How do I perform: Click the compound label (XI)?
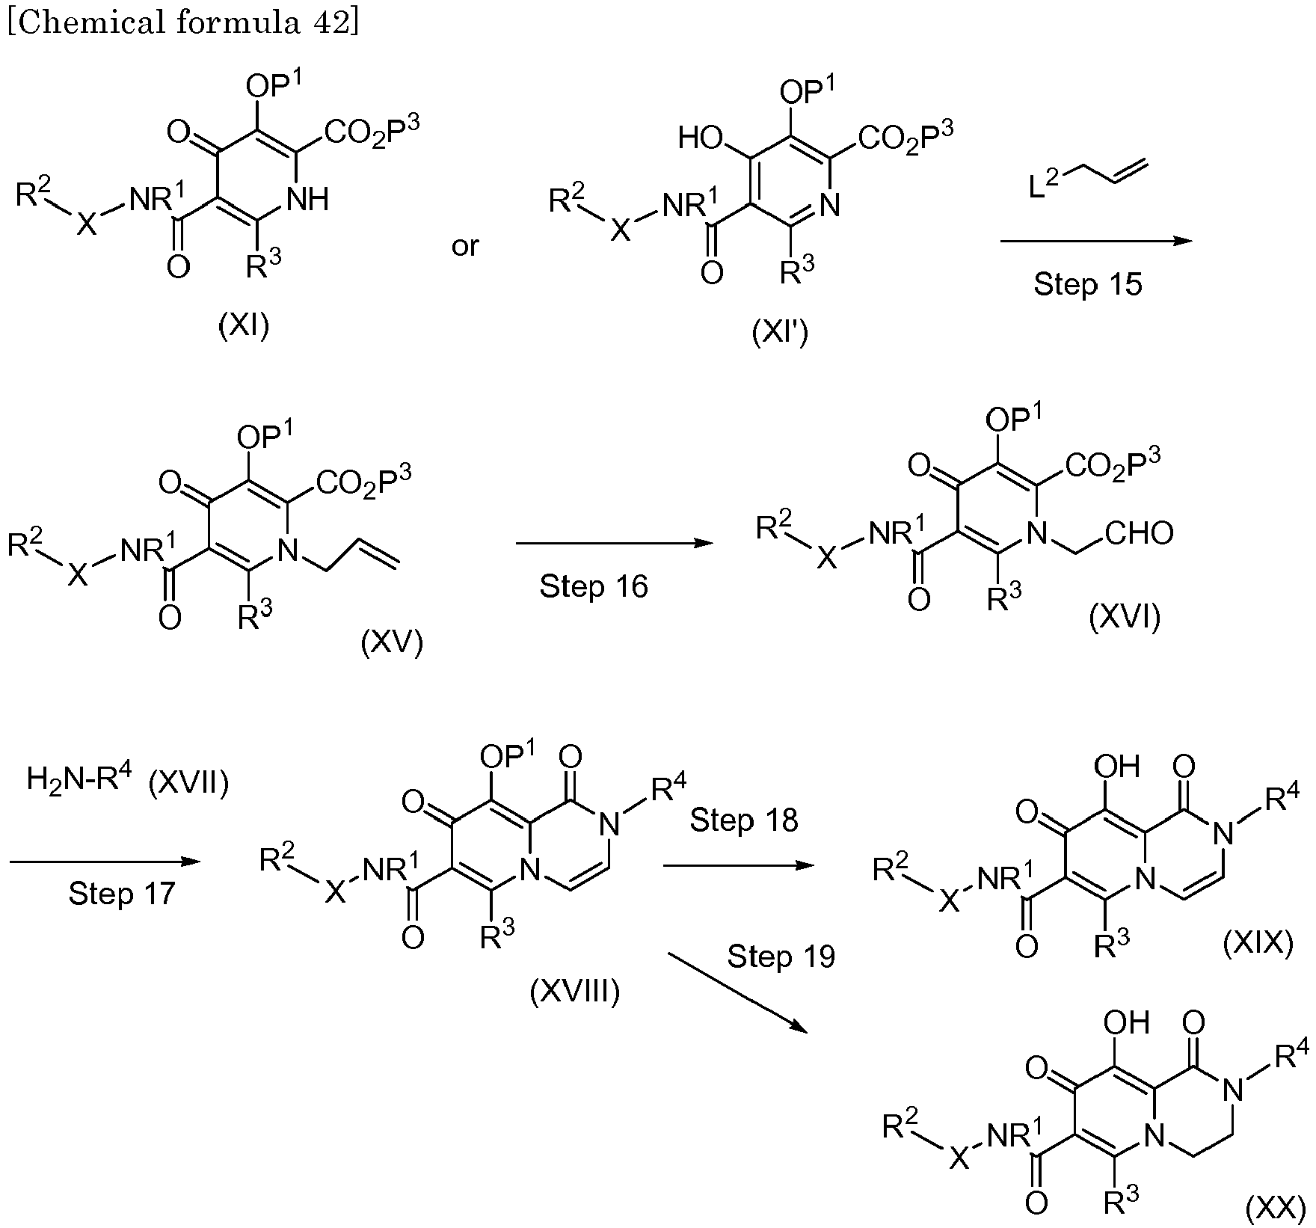pos(244,326)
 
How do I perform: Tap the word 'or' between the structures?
pos(465,246)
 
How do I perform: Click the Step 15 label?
pos(1088,284)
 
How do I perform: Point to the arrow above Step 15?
pos(1096,241)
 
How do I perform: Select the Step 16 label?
pos(594,586)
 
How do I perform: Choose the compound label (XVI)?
pos(1125,618)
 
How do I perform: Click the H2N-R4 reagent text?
pos(79,781)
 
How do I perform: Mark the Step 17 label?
pos(122,893)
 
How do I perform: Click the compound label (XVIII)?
pos(574,992)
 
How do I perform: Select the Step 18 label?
pos(744,820)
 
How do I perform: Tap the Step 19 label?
pos(781,956)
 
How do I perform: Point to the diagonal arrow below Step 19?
pos(738,992)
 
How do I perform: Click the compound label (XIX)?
pos(1257,944)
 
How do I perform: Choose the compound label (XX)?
pos(1276,1209)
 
